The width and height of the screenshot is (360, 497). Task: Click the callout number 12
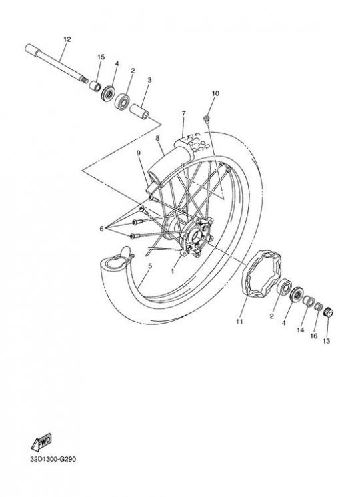tap(67, 39)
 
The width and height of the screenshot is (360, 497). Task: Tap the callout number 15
tap(101, 57)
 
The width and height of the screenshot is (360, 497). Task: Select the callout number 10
tap(215, 93)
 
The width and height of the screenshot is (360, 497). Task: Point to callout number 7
tap(183, 113)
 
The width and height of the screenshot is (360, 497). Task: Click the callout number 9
tap(138, 153)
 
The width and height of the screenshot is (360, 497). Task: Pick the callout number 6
tap(101, 229)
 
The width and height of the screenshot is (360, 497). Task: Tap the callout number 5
tap(150, 266)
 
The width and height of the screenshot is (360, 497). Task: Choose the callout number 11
tap(239, 322)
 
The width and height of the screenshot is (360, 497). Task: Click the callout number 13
tap(327, 341)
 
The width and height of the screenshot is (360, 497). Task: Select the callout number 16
tap(313, 336)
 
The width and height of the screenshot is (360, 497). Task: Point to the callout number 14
tap(301, 330)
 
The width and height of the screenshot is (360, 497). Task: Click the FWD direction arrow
tap(41, 442)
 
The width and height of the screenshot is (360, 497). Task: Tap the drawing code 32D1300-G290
tap(53, 459)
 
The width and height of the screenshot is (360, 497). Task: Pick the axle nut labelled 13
tap(328, 313)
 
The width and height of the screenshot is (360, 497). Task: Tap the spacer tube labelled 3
tap(139, 111)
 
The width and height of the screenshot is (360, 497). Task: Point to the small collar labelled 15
tap(95, 85)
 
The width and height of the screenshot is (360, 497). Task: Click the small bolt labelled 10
tap(207, 119)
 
